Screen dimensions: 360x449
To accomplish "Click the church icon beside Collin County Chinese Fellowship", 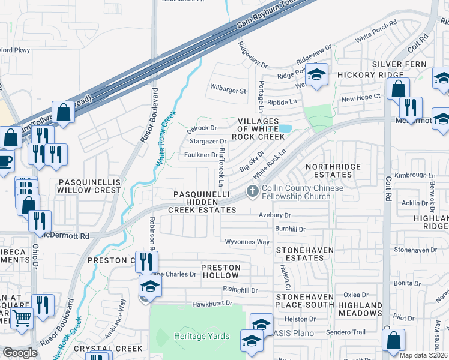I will point(253,191).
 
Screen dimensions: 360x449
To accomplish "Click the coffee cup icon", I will point(5,161).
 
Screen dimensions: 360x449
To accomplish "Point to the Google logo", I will point(20,353).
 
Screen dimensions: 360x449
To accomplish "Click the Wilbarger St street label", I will point(228,91).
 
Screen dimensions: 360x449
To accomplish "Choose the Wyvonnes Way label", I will point(247,242).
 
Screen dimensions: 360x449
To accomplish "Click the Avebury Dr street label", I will point(274,215).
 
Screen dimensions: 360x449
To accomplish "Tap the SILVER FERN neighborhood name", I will point(399,64).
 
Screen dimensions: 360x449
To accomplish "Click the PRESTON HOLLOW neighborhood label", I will point(220,271).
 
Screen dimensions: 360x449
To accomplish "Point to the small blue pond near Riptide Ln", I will point(285,128).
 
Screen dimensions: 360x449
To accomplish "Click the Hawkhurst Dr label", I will point(212,304).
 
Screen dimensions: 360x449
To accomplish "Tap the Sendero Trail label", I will point(346,332).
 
